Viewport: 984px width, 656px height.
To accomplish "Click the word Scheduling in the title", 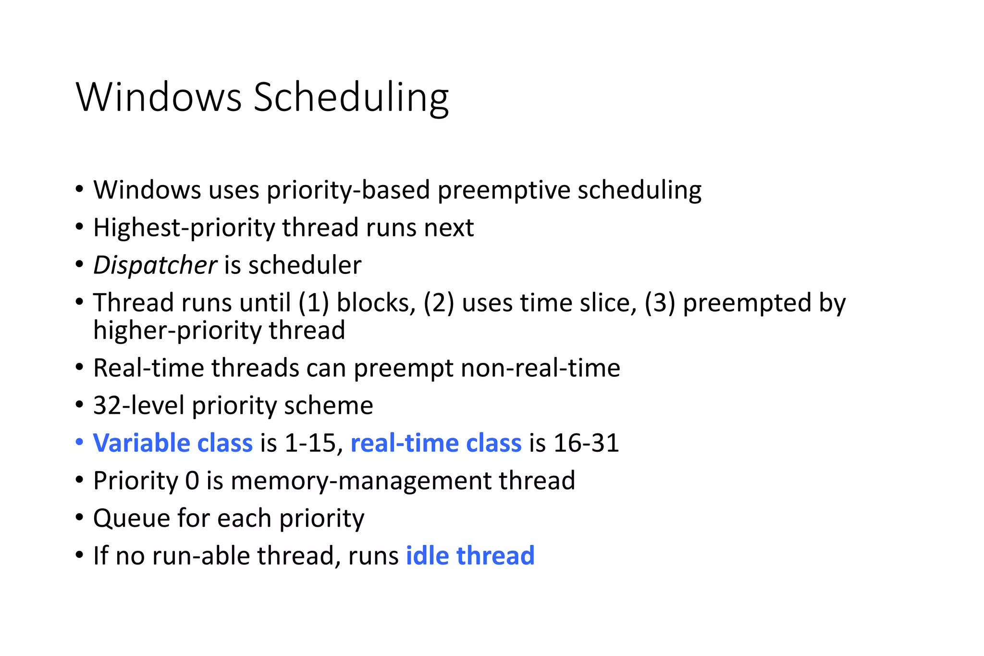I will pos(351,98).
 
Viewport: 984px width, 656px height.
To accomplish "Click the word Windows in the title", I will pos(159,98).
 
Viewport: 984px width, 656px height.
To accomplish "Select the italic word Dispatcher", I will pos(155,265).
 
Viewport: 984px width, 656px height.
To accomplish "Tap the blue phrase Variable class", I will pos(172,443).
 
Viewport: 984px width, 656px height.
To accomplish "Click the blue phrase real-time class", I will pos(436,443).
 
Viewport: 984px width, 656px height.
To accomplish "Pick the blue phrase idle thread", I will pos(470,556).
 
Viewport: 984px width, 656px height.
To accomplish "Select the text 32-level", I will pos(138,406).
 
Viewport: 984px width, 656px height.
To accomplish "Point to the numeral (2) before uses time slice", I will pos(439,303).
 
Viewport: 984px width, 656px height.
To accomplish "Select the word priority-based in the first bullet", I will pos(348,190).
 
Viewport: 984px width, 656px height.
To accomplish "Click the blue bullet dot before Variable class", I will pos(80,442).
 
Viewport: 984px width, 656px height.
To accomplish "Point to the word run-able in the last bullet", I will pos(200,556).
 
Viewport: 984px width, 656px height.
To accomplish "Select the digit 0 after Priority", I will pos(192,481).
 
